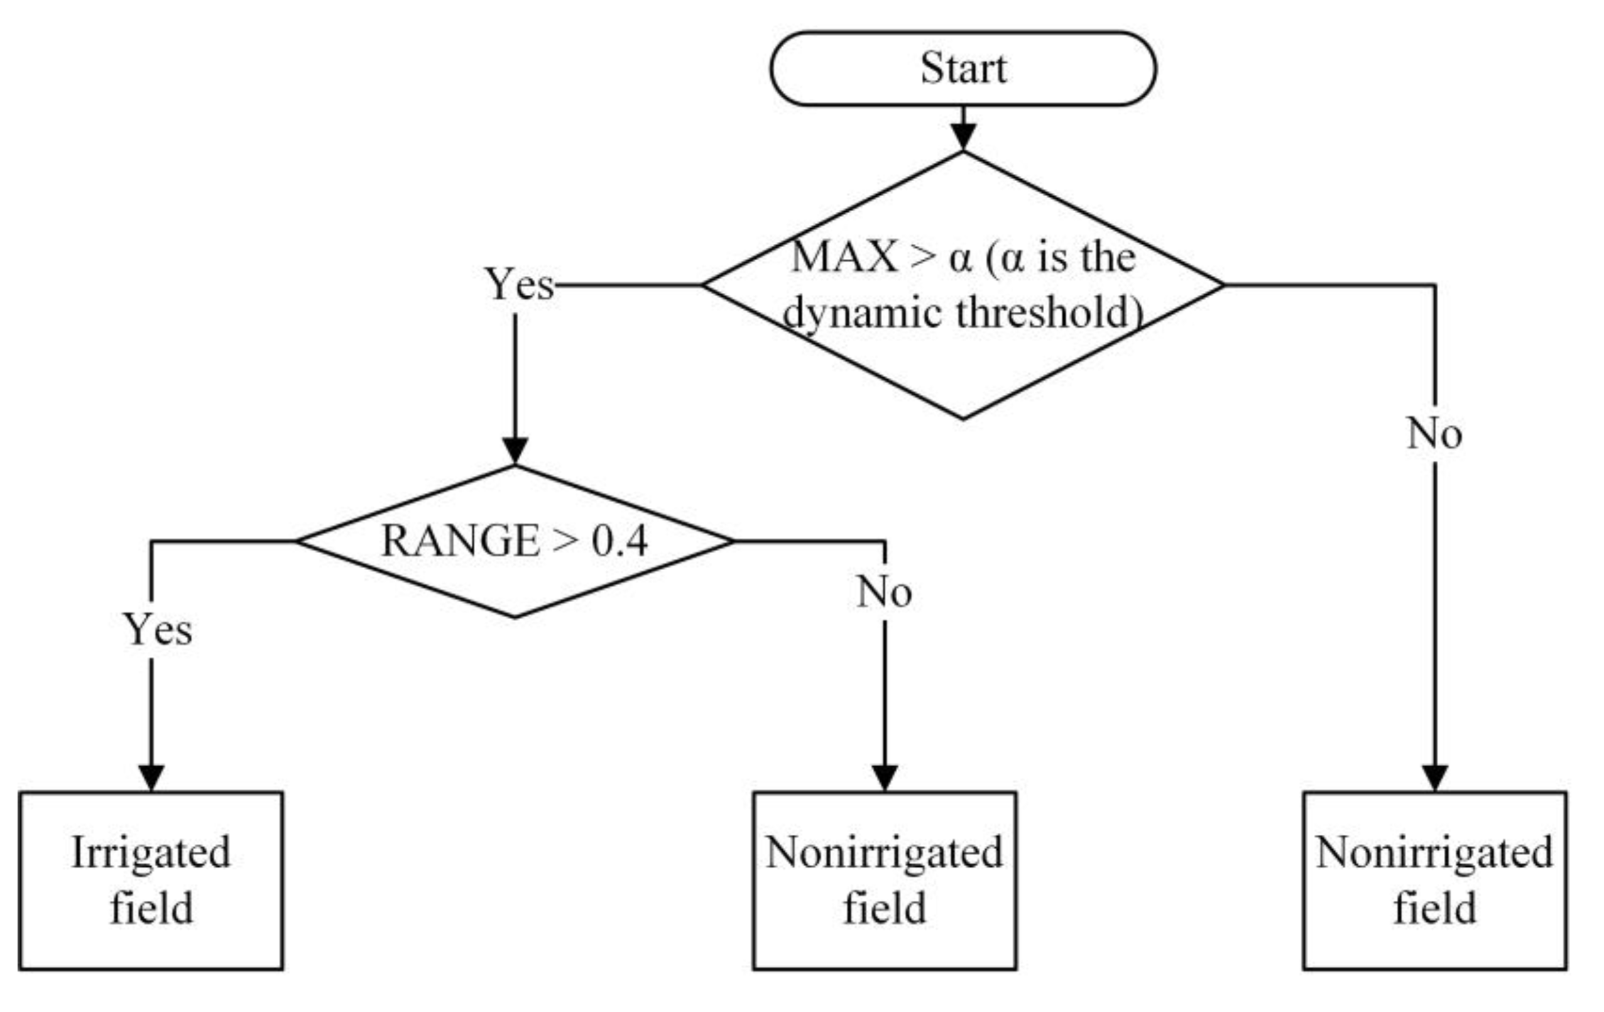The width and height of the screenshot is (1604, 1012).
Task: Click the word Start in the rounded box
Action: (x=963, y=68)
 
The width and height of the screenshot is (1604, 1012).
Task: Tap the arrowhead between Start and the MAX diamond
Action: (x=963, y=136)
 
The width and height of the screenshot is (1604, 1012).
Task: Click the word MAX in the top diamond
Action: (x=844, y=256)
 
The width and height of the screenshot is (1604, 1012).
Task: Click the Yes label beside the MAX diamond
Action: (x=518, y=285)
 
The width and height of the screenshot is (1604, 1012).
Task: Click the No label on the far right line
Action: (x=1434, y=434)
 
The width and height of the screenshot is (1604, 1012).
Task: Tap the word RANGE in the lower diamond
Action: (x=460, y=541)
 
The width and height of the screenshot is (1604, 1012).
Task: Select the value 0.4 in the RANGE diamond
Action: (x=619, y=541)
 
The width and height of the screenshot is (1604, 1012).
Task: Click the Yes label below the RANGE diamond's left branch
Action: (x=158, y=629)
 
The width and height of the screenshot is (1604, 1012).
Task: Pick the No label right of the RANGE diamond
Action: (x=884, y=591)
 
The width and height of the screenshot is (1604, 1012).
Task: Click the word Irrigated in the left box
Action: (x=151, y=852)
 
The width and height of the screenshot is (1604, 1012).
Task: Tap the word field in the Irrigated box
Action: (x=151, y=908)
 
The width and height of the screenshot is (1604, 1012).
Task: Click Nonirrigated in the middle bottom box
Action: (x=884, y=852)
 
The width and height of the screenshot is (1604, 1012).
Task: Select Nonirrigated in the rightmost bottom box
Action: (x=1434, y=852)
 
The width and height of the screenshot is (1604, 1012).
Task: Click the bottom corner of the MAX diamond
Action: (x=963, y=418)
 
